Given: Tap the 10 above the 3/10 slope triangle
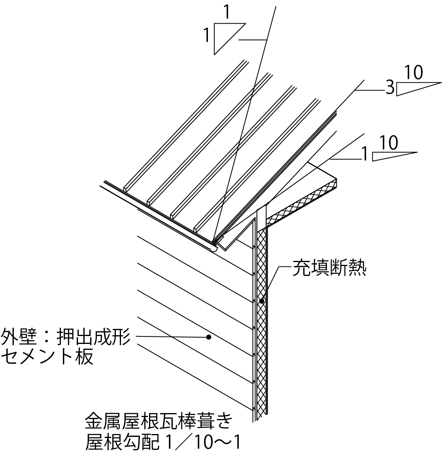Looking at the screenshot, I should coord(414,73).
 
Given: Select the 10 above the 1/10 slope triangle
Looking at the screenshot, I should coord(390,143).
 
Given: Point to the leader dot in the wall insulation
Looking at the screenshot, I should coord(261,301).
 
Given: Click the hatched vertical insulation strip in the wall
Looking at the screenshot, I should coord(261,336).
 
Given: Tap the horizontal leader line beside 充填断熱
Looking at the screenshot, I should coord(285,268).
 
